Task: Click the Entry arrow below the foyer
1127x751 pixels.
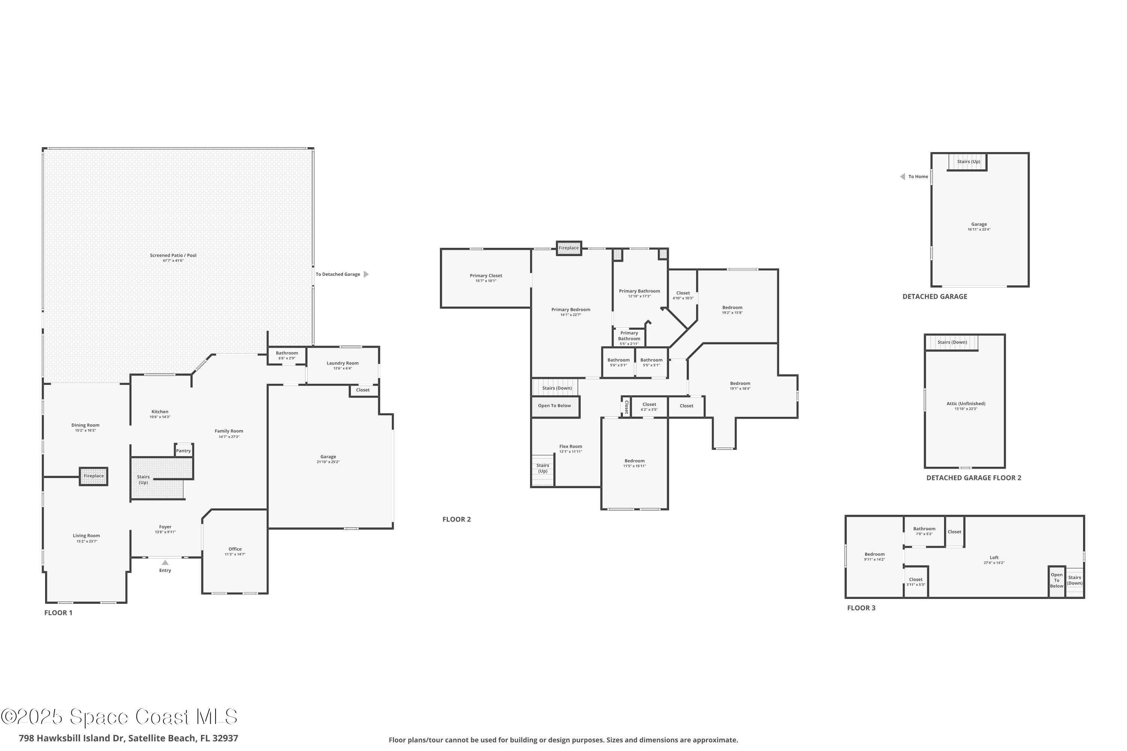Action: tap(165, 562)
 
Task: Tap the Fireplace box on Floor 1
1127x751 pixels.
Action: tap(94, 476)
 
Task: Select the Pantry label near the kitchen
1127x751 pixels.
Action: tap(183, 451)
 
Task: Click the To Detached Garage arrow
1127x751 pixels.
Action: tap(366, 274)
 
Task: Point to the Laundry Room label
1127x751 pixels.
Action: tap(342, 363)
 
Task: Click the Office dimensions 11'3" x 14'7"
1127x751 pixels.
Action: tap(235, 554)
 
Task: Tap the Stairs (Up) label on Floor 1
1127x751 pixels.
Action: tap(143, 480)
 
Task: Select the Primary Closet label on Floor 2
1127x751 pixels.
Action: tap(485, 275)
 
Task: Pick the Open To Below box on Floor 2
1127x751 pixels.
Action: tap(554, 406)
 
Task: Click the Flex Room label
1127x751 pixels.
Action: tap(570, 446)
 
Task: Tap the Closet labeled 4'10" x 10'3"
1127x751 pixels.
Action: tap(683, 296)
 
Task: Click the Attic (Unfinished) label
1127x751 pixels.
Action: tap(965, 403)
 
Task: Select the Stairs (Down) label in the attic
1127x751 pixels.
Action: tap(952, 342)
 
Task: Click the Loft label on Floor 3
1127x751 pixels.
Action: tap(994, 558)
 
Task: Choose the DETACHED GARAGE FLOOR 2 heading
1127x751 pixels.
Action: tap(973, 478)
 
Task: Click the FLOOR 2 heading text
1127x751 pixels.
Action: tap(456, 519)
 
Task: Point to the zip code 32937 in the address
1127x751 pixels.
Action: tap(224, 738)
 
